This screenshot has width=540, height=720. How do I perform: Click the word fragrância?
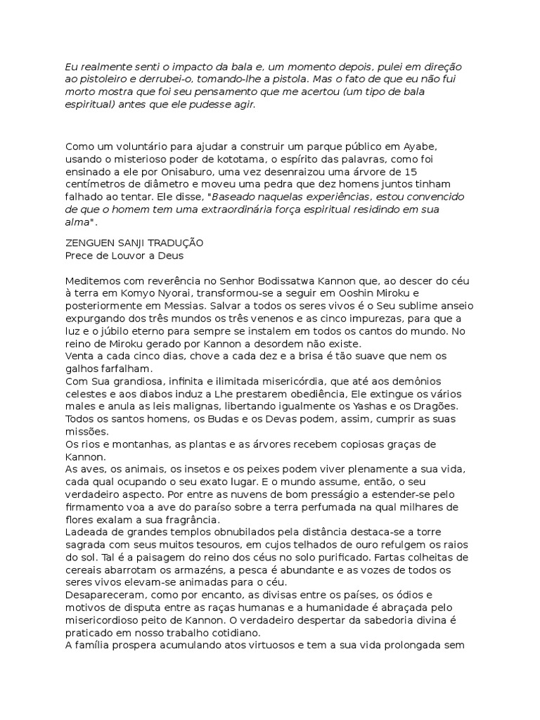tap(191, 520)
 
